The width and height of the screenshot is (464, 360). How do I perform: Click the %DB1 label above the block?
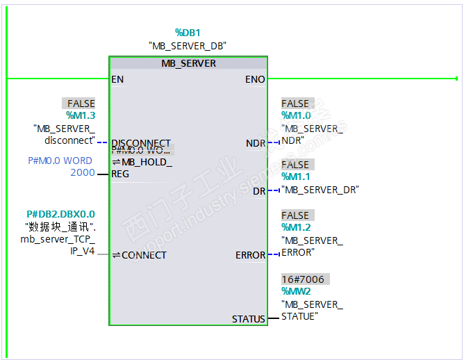coord(188,33)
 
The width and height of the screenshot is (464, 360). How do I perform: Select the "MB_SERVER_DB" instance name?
coord(188,45)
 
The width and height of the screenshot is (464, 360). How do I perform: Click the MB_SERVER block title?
coord(188,63)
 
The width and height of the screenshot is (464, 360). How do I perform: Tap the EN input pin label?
coord(117,79)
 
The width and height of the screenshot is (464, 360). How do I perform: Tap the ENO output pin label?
coord(255,79)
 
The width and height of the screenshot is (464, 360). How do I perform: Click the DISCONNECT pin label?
coord(141,143)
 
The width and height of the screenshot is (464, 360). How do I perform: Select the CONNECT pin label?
coord(144,255)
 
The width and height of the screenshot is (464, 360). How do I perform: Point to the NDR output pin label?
coord(256,143)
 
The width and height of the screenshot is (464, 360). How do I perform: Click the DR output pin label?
coord(258,190)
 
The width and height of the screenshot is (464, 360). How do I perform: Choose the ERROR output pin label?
coord(251,255)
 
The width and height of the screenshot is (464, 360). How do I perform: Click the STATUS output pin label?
coord(249,319)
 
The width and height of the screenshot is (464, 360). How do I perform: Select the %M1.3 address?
coord(81,115)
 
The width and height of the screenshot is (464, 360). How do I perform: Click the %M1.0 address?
coord(296,115)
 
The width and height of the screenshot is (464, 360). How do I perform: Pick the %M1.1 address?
coord(296,177)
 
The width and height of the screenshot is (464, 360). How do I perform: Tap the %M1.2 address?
coord(296,227)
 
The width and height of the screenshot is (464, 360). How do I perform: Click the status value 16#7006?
coord(302,279)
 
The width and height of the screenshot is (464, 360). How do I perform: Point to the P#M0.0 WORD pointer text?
coord(60,161)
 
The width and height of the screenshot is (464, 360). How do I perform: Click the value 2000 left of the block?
coord(83,172)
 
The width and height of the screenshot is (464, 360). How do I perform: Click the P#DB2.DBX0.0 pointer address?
coord(60,214)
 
